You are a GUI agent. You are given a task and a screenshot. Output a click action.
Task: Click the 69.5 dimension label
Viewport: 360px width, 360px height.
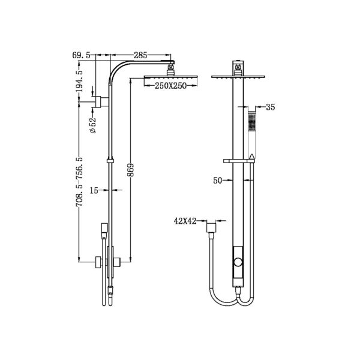[x=82, y=55]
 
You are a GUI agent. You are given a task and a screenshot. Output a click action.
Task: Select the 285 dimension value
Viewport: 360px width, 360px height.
[x=140, y=55]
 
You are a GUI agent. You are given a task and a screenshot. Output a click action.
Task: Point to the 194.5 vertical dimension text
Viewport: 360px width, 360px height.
[x=79, y=82]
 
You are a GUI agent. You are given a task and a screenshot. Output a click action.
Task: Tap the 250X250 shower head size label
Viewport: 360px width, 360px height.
[x=163, y=86]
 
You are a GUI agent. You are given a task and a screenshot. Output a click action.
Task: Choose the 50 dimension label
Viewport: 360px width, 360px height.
[x=218, y=179]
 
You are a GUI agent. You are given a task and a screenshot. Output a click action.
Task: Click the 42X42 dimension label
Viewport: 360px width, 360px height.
[x=185, y=221]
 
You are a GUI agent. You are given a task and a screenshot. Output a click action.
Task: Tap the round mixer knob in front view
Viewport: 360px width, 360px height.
[x=239, y=261]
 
